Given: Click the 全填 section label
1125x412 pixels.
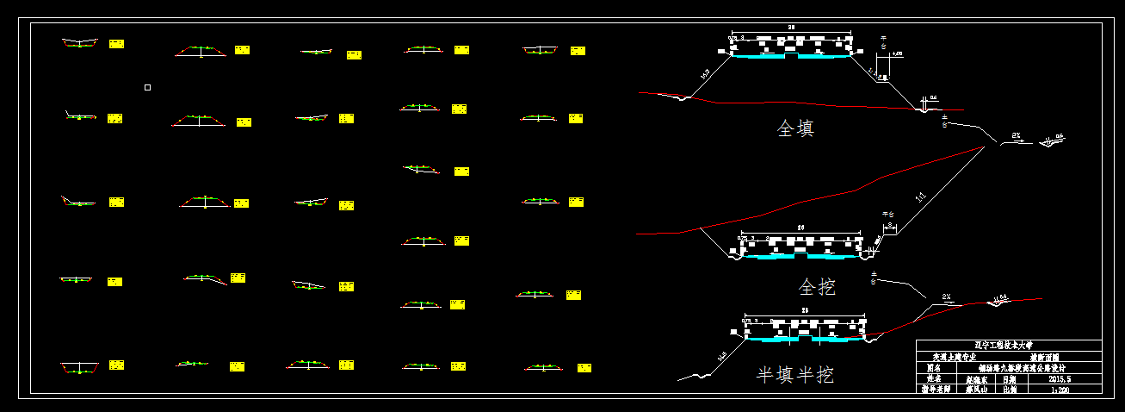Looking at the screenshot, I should [x=795, y=129].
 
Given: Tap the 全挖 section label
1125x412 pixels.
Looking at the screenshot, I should [x=817, y=286].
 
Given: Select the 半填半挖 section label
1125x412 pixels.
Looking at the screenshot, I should [x=794, y=375].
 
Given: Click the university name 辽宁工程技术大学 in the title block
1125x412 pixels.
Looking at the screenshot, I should [x=1008, y=346].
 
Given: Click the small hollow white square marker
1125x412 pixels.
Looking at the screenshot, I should [x=147, y=87].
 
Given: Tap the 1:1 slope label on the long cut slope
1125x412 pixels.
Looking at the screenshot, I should [x=922, y=198].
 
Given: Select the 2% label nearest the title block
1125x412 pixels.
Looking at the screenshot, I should [x=946, y=297].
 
